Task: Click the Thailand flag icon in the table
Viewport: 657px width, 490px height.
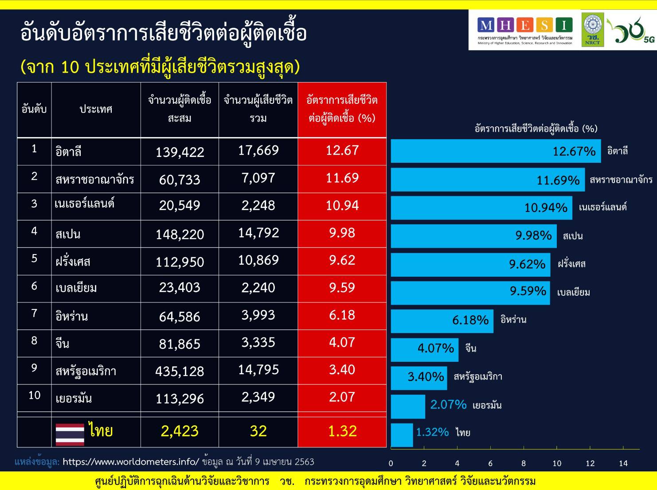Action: (x=70, y=434)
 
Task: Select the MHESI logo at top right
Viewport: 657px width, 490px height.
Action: (x=525, y=30)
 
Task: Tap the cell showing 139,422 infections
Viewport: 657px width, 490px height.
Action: (x=180, y=152)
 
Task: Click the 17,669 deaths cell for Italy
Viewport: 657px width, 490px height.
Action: (x=258, y=151)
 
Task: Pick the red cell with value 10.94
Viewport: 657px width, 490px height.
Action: (x=342, y=206)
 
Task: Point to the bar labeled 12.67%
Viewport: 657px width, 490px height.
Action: (x=495, y=151)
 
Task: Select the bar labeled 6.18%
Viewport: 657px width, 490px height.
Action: (x=442, y=321)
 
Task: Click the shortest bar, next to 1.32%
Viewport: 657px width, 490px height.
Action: (x=402, y=435)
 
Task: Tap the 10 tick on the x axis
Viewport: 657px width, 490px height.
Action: (x=557, y=463)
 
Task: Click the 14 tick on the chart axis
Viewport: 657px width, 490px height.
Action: (x=623, y=463)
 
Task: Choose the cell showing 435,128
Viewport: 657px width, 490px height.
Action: (x=180, y=371)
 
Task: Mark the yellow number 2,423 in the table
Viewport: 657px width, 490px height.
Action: (x=180, y=431)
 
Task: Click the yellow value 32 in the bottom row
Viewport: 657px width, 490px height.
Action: (x=258, y=431)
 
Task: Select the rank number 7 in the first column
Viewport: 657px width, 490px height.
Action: (x=34, y=314)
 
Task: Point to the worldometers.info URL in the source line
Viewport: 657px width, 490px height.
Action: (x=131, y=462)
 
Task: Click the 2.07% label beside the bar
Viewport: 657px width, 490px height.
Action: (x=448, y=404)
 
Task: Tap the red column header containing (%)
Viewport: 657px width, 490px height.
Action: (x=342, y=109)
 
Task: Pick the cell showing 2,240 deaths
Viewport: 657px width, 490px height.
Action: (x=258, y=288)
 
